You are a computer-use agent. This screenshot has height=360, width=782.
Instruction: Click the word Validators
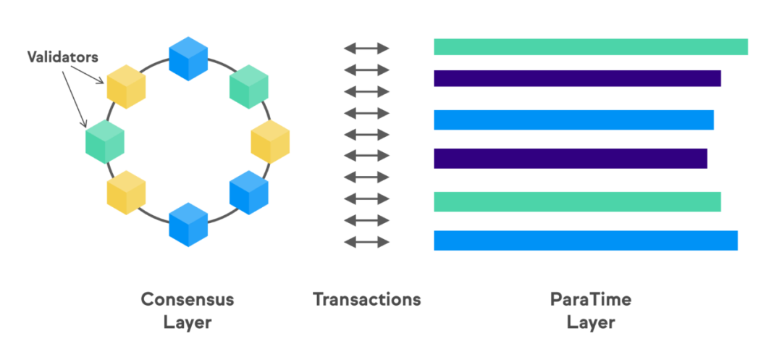click(63, 56)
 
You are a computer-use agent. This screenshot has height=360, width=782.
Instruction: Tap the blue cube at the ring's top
click(188, 59)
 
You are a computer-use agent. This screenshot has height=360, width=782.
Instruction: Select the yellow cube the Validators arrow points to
click(126, 87)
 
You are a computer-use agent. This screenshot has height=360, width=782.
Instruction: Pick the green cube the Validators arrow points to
click(105, 141)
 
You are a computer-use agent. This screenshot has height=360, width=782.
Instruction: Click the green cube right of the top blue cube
click(249, 87)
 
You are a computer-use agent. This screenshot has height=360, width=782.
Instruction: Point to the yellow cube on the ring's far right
click(270, 141)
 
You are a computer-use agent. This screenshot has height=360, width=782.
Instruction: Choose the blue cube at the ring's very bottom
click(188, 225)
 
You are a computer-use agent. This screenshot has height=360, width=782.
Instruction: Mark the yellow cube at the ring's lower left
click(126, 193)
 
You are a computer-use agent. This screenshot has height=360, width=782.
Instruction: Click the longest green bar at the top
click(591, 46)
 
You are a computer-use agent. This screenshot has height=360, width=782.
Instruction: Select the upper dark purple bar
click(578, 78)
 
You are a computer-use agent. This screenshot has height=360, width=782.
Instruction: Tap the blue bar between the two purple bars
click(573, 120)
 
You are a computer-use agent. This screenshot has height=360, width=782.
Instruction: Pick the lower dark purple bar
click(571, 158)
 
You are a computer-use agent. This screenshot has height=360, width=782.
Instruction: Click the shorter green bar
click(578, 201)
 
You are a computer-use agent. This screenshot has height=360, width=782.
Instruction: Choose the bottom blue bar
click(586, 240)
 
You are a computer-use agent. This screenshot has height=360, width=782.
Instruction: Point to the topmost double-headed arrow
click(366, 49)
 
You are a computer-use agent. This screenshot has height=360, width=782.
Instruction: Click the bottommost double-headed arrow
click(366, 243)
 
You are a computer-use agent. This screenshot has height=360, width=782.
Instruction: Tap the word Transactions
click(367, 300)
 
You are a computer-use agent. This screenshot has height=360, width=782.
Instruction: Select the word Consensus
click(188, 300)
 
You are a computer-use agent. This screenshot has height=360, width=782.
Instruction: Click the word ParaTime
click(591, 300)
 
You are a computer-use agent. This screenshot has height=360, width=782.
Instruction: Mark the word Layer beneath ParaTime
click(591, 322)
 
